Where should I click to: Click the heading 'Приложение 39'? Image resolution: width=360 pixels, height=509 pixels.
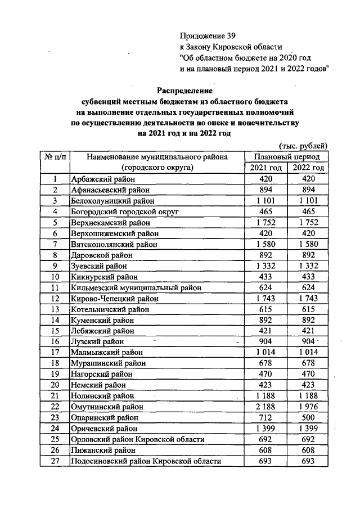tap(204, 35)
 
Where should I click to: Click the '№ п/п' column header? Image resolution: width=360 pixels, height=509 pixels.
tap(55, 157)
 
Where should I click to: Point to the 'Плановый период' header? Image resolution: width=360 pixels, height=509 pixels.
tap(287, 157)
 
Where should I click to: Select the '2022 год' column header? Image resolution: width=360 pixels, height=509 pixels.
tap(308, 168)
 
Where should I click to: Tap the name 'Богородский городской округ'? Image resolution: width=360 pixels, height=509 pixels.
tap(124, 211)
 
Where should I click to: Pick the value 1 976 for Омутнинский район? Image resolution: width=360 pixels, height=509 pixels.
tap(308, 407)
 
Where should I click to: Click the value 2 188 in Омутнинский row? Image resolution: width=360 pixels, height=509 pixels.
tap(265, 407)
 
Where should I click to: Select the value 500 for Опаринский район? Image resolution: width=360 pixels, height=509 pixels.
tap(308, 418)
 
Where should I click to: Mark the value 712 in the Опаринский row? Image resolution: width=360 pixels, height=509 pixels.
tap(265, 418)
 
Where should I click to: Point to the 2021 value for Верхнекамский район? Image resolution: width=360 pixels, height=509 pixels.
tap(265, 222)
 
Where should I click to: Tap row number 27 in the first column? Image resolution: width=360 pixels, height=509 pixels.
tap(55, 461)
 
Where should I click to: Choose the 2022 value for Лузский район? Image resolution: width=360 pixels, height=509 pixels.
tap(308, 341)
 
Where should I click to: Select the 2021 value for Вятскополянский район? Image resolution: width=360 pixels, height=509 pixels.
tap(265, 244)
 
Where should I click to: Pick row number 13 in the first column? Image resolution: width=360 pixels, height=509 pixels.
tap(55, 309)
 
